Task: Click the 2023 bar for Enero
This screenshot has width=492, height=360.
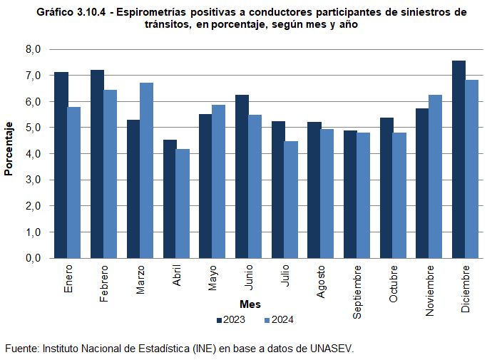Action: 61,165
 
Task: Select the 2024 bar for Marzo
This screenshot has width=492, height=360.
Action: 146,170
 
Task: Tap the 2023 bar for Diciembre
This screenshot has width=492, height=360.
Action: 458,160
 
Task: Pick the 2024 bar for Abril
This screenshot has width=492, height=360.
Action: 183,204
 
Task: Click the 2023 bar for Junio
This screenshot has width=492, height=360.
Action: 242,177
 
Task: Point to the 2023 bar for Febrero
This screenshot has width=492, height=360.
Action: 97,164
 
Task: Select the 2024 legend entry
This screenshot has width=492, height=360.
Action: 278,319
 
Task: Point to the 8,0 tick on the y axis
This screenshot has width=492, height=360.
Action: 34,49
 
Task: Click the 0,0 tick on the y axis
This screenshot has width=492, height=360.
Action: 34,259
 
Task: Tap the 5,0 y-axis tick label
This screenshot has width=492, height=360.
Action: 34,128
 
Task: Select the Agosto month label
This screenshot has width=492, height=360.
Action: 321,282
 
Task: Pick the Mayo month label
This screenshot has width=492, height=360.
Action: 212,277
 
